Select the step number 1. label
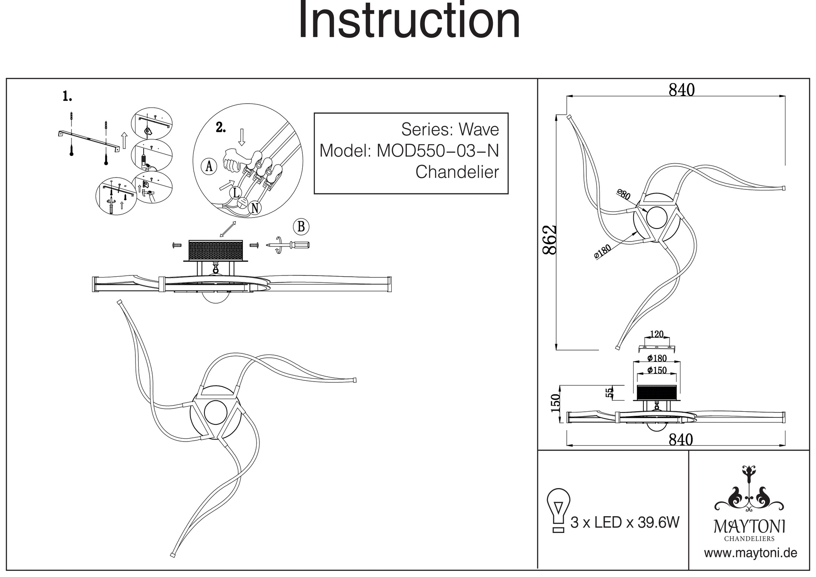pos(67,96)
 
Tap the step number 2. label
pos(220,128)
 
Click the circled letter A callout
pos(209,166)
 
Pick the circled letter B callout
pos(301,226)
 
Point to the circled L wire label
pos(236,193)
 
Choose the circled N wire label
pos(255,208)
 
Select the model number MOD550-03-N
pos(437,151)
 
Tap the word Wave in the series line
pos(479,130)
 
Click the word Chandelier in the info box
pos(457,172)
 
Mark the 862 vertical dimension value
pos(550,240)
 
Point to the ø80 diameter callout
pos(623,194)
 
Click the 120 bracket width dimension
pos(656,335)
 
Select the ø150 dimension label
pos(657,370)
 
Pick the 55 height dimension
pos(609,393)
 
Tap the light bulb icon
pos(558,510)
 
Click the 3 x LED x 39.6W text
pos(625,522)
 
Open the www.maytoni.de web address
pos(750,553)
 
